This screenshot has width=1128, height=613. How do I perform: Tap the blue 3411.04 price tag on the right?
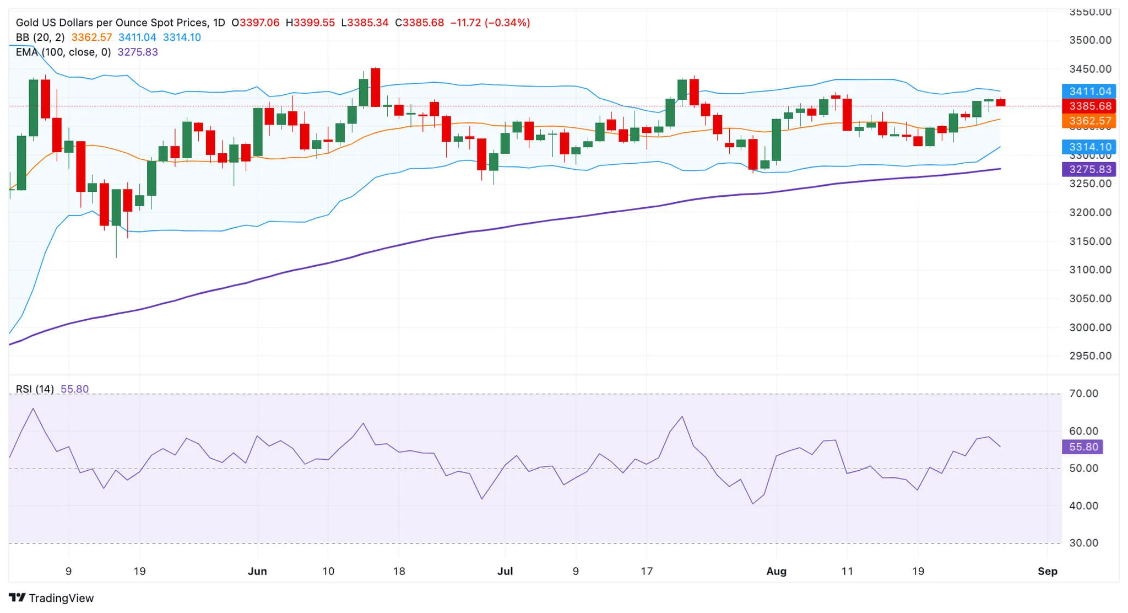pos(1089,92)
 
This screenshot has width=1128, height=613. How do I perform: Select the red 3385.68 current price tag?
pos(1089,106)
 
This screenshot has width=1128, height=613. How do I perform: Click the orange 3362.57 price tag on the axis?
pos(1089,121)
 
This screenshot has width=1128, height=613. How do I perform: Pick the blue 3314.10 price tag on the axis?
pos(1089,147)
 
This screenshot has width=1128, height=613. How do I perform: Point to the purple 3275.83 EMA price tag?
pos(1089,169)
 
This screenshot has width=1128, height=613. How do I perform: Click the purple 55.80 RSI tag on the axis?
pos(1083,447)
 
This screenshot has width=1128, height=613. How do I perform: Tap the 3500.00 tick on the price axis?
pos(1090,40)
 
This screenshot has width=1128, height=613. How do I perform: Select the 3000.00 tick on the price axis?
pos(1090,327)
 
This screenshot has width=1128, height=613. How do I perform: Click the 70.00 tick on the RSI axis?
pos(1083,394)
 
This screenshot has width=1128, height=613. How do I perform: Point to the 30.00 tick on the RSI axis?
pos(1083,543)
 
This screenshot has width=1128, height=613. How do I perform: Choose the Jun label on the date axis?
pos(257,571)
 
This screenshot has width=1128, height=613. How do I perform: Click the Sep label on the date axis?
pos(1047,571)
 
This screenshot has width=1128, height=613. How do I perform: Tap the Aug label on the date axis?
pos(776,571)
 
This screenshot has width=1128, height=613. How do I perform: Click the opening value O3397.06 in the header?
pos(256,23)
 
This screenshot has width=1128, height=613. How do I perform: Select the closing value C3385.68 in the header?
pos(419,23)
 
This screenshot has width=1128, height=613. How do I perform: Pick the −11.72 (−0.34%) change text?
pos(490,23)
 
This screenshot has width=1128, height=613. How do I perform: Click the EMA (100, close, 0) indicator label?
pos(63,52)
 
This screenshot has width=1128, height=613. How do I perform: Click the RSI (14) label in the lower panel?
pos(35,389)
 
